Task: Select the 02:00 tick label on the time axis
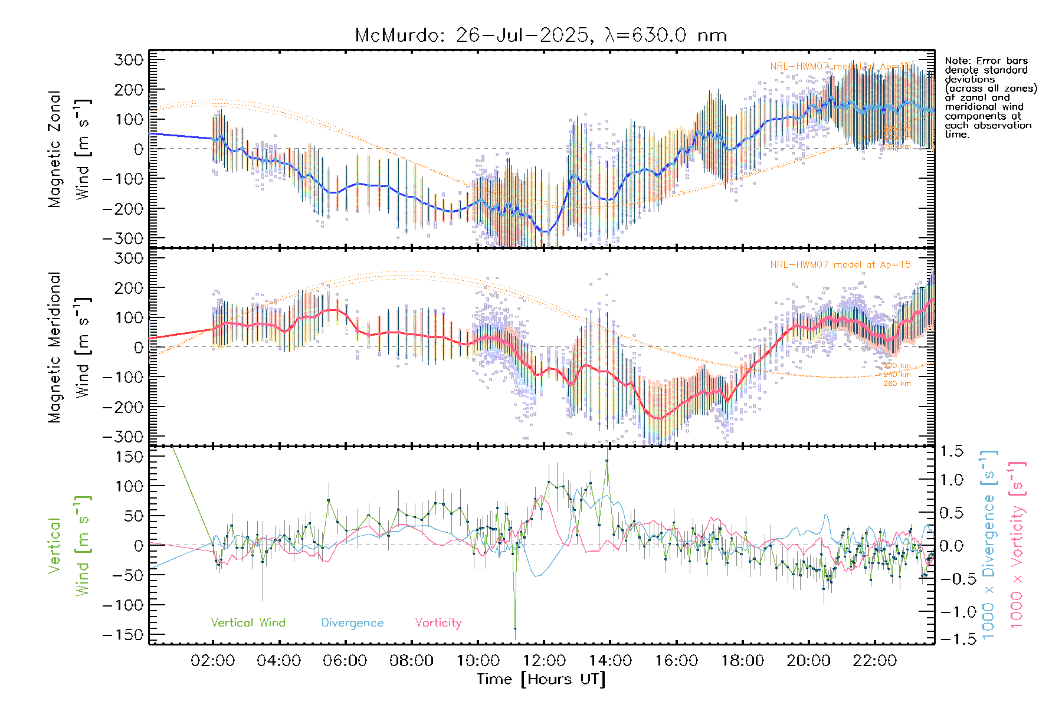[212, 661]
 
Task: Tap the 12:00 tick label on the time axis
[543, 661]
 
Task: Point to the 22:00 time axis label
[874, 661]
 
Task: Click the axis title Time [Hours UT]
[541, 679]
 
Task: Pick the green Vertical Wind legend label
[248, 622]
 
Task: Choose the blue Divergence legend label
[352, 622]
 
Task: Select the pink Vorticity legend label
[438, 622]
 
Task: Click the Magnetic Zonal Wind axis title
[70, 149]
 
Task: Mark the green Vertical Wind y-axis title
[70, 545]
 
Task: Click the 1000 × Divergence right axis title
[988, 545]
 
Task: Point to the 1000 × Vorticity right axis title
[1017, 545]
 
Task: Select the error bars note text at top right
[990, 97]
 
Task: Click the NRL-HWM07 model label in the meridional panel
[840, 264]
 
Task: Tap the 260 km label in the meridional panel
[897, 383]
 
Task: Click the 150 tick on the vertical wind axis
[130, 457]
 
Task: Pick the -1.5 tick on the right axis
[951, 638]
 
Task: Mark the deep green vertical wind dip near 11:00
[514, 628]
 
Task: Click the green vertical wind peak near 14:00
[607, 461]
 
